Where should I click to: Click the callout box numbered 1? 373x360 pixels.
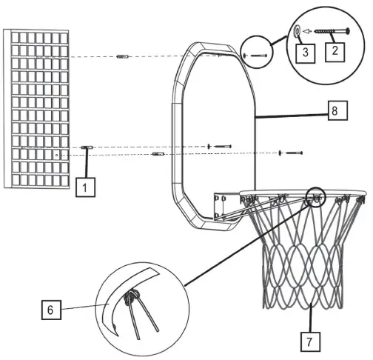click(x=85, y=187)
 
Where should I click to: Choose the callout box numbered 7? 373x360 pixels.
click(x=311, y=341)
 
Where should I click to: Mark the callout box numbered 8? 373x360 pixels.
click(x=335, y=111)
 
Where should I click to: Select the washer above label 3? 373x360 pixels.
click(x=297, y=31)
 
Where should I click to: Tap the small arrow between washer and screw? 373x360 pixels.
click(x=308, y=31)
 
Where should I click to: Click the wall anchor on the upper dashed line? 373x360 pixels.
click(x=124, y=57)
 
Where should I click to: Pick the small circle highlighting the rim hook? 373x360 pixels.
click(x=315, y=196)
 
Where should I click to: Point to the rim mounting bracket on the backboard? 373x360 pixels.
click(x=224, y=206)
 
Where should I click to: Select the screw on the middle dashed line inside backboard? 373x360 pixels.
click(x=221, y=146)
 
